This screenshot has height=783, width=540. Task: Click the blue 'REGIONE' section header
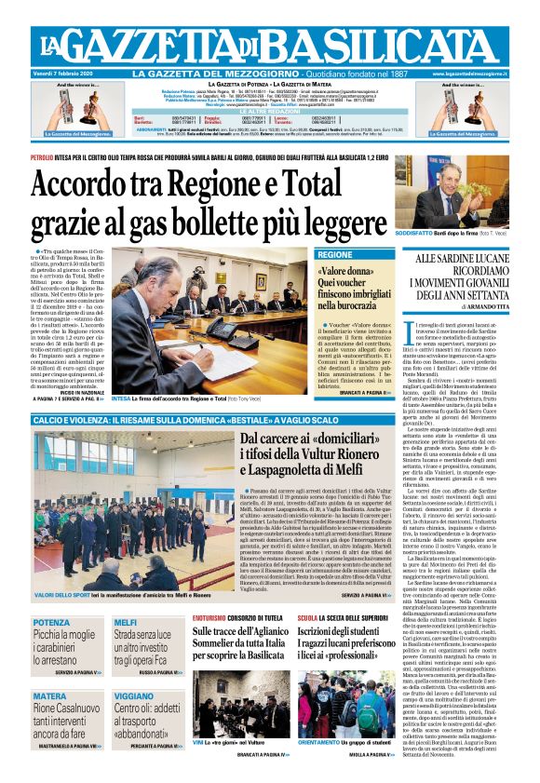(x=335, y=255)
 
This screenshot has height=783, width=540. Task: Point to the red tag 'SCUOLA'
(x=308, y=618)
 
